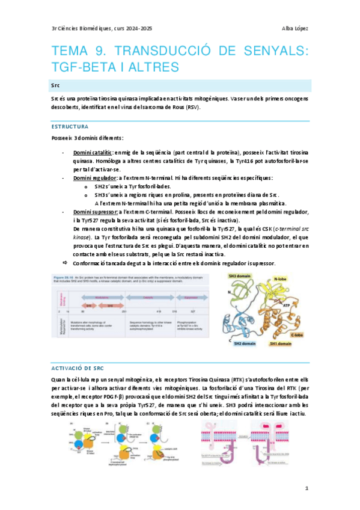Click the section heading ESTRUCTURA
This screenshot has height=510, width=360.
70,127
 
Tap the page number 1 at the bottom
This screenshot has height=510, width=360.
306,488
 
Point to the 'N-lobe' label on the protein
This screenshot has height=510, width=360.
281,279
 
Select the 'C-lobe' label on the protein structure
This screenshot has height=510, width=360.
297,334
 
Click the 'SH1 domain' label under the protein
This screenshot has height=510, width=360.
281,343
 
